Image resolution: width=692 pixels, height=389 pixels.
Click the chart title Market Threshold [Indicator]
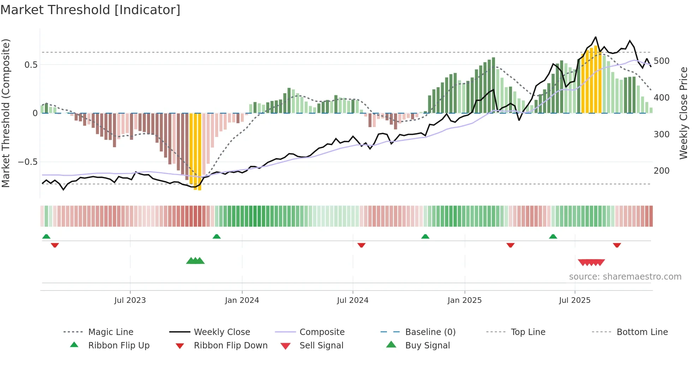pyautogui.click(x=90, y=10)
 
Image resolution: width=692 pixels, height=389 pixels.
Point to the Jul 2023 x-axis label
pyautogui.click(x=130, y=300)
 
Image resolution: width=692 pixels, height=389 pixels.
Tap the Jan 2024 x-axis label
pyautogui.click(x=242, y=300)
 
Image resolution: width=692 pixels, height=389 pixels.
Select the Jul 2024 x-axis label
pyautogui.click(x=352, y=300)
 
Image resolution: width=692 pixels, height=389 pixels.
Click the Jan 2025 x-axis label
pyautogui.click(x=464, y=300)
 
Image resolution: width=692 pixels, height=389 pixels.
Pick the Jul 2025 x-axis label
pyautogui.click(x=574, y=300)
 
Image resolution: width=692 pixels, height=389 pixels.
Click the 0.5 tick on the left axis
pyautogui.click(x=31, y=65)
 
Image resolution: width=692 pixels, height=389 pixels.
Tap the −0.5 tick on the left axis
pyautogui.click(x=28, y=162)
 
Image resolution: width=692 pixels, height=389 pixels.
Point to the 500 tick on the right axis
pyautogui.click(x=661, y=61)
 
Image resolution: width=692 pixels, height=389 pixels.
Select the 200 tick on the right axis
pyautogui.click(x=661, y=171)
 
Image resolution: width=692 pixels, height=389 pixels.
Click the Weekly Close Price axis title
pyautogui.click(x=684, y=113)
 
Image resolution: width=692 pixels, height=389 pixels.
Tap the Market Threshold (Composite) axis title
pyautogui.click(x=6, y=113)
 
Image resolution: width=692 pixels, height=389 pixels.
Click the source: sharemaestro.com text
pyautogui.click(x=625, y=277)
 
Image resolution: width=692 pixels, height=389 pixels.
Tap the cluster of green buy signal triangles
pyautogui.click(x=195, y=261)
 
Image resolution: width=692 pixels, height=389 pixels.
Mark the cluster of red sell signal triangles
pyautogui.click(x=591, y=262)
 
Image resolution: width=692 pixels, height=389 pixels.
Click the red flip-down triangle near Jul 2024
pyautogui.click(x=361, y=245)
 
